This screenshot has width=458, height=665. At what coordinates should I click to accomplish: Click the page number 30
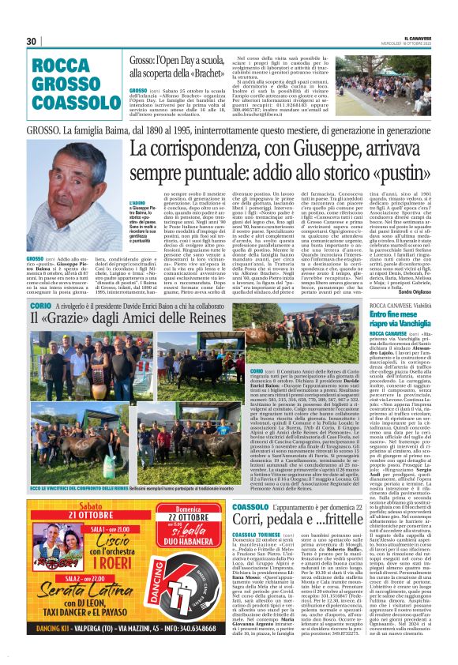[x=32, y=41]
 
